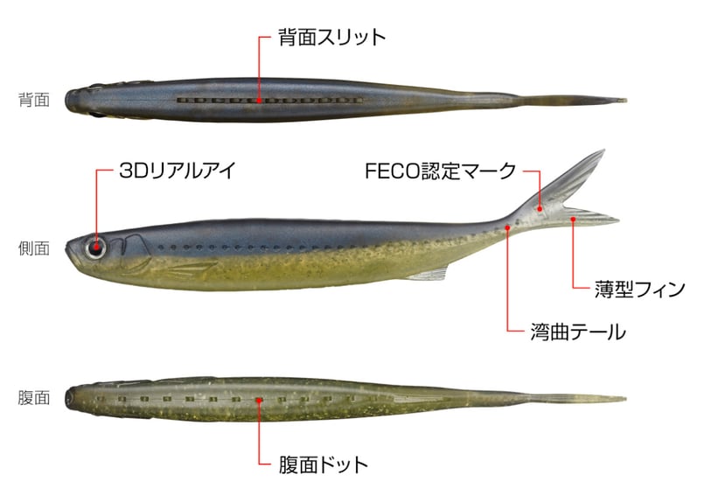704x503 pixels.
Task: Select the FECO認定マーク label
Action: click(x=441, y=171)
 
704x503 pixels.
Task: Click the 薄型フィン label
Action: click(x=639, y=290)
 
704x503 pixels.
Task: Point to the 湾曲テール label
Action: click(x=577, y=332)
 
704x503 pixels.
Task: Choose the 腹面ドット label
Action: click(x=324, y=465)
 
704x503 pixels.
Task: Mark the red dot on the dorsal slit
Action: click(x=259, y=100)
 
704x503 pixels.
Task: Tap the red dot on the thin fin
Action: click(x=572, y=220)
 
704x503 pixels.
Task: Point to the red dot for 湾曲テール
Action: click(x=508, y=227)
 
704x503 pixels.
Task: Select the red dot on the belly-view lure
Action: click(x=259, y=398)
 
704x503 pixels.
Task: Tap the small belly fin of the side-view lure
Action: click(x=429, y=276)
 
